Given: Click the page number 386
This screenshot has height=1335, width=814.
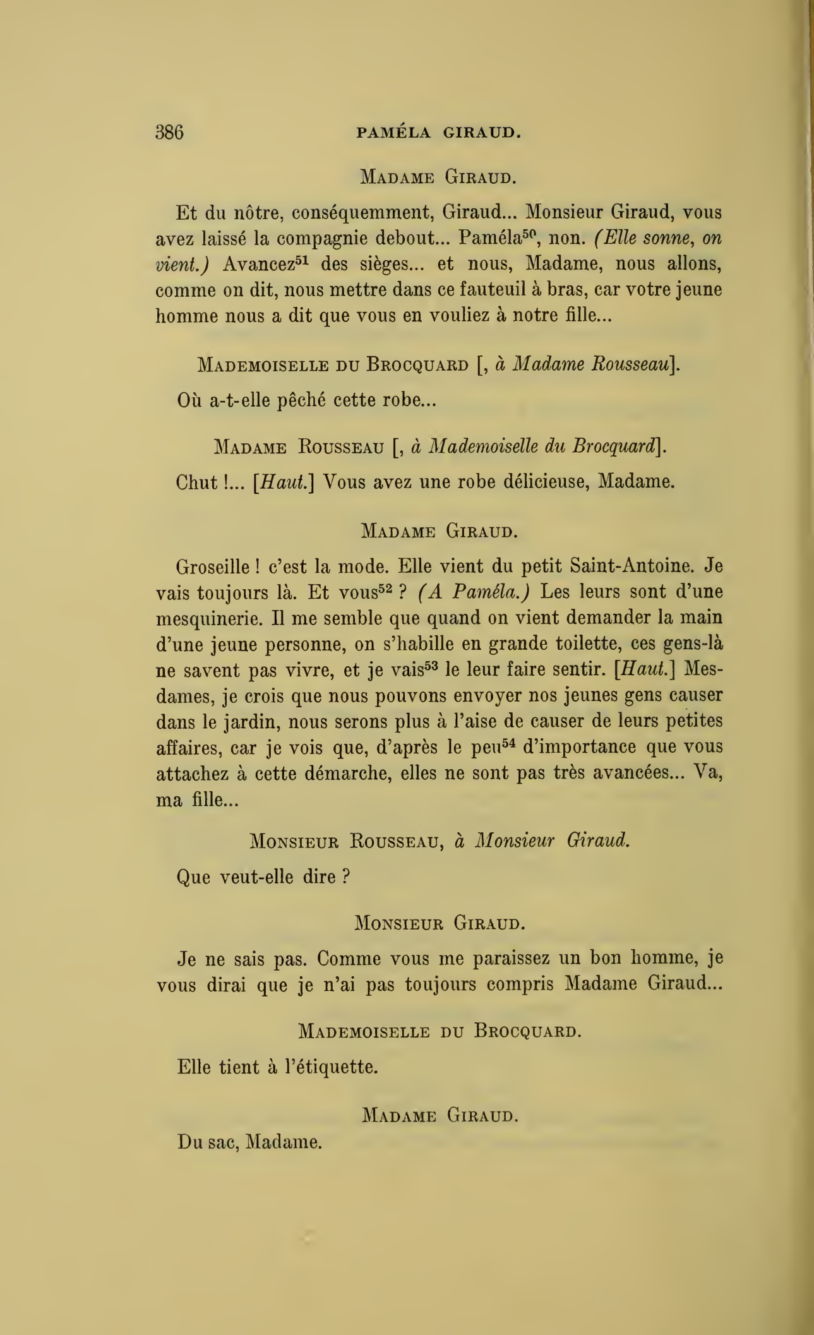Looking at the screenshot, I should tap(169, 133).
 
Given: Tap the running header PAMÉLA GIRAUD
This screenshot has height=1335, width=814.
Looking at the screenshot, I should tap(439, 133).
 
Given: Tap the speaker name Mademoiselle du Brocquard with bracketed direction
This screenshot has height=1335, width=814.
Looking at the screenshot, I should tap(438, 365).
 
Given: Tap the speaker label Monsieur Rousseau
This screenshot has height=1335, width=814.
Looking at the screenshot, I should tap(344, 842).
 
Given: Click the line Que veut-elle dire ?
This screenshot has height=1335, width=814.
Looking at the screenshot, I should tap(263, 877).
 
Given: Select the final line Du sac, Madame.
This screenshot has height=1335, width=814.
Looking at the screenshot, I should tap(250, 1142).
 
